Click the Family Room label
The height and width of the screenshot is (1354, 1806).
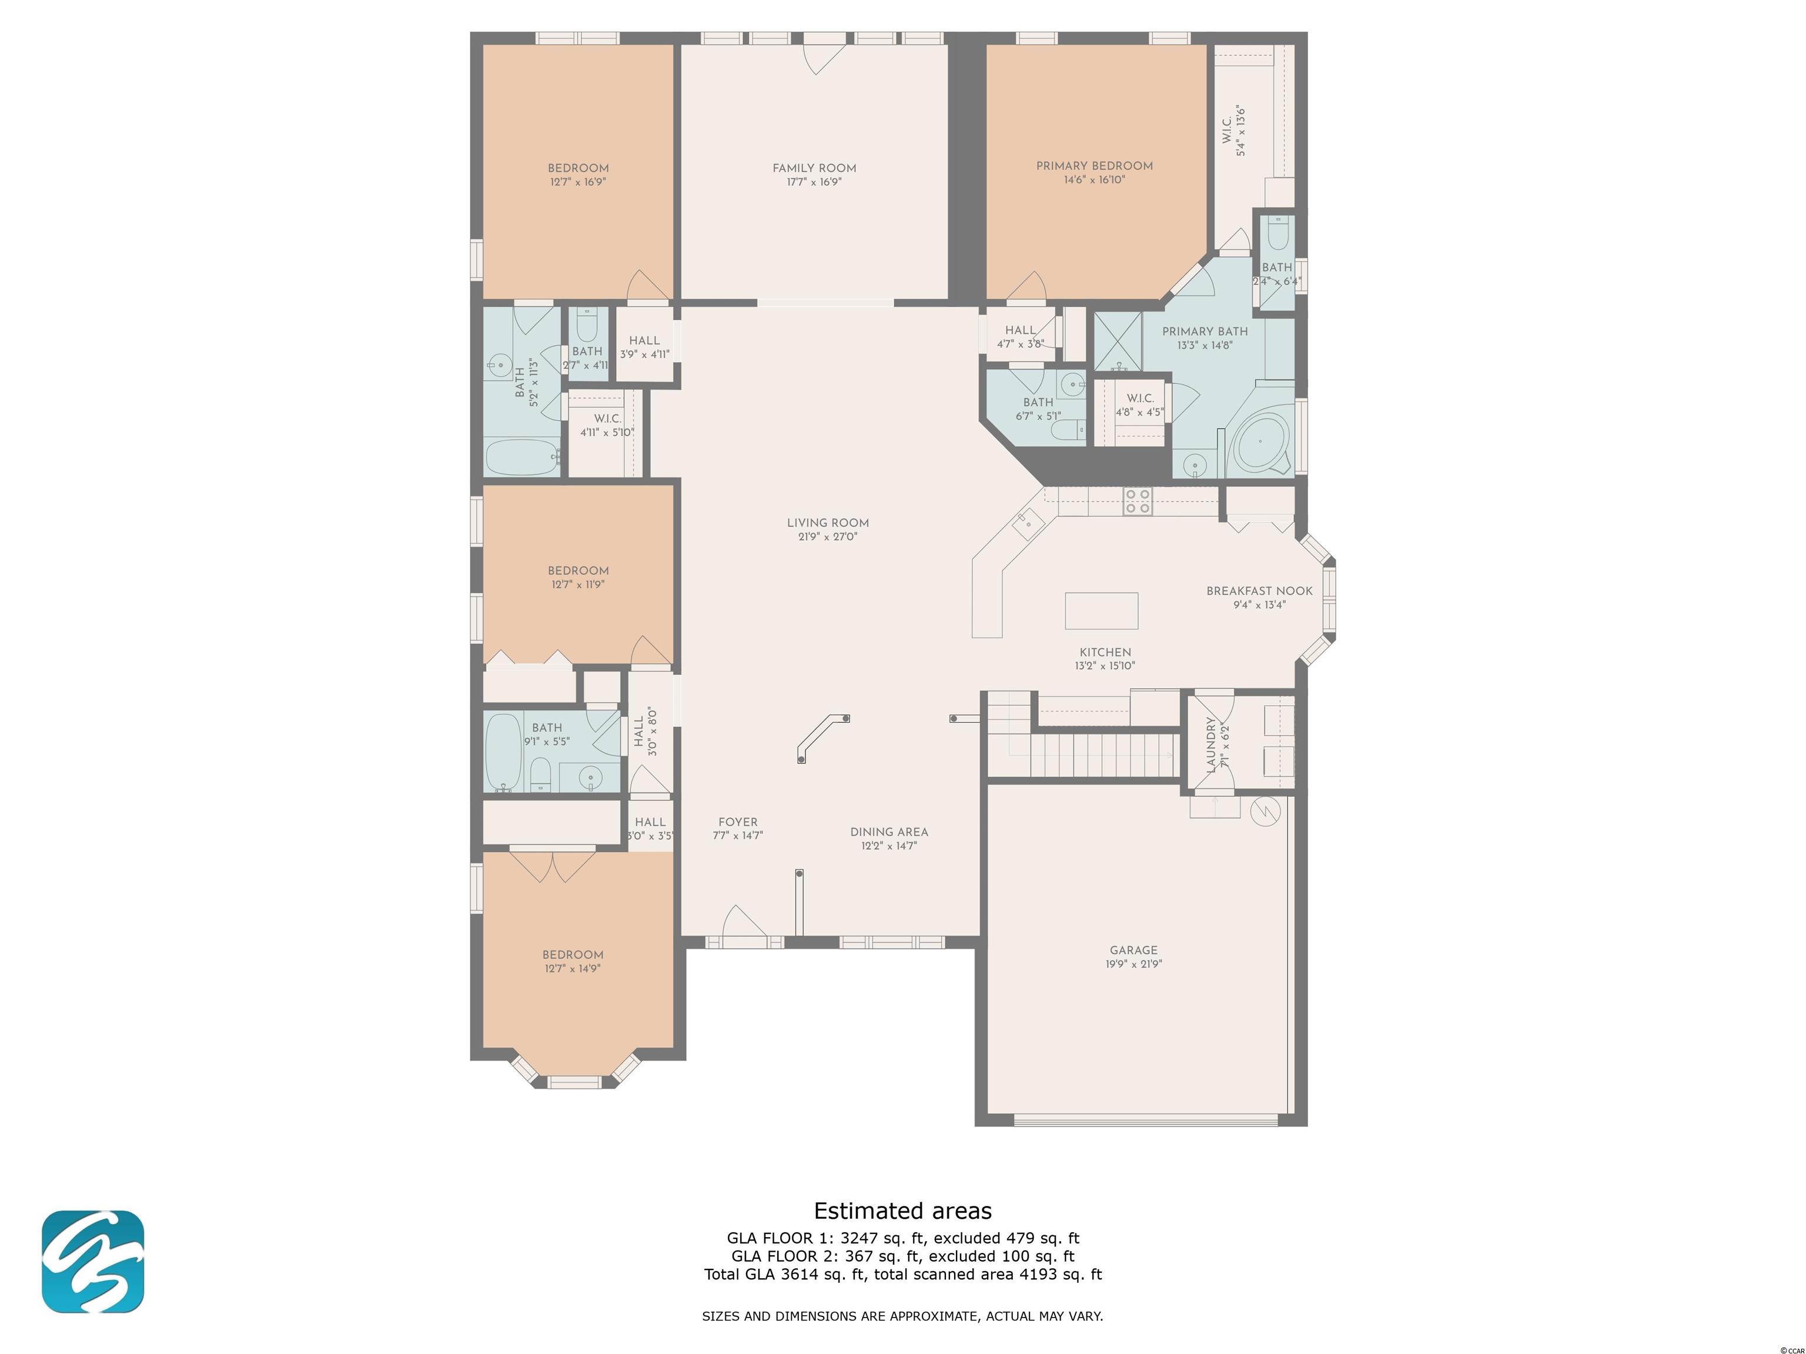814,169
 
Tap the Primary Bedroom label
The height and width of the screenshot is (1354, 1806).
1094,166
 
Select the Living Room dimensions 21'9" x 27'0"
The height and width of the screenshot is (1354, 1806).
828,537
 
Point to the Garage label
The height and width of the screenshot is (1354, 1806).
1133,950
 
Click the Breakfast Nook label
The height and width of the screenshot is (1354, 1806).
1259,591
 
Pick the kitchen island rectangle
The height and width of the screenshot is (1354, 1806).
1101,611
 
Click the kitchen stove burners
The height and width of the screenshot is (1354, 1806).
1138,501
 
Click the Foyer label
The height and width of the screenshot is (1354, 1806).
738,822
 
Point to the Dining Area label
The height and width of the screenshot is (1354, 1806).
889,832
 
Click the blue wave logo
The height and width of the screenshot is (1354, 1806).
93,1262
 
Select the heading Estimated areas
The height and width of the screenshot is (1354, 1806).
903,1211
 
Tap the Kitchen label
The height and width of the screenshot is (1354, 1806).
1105,652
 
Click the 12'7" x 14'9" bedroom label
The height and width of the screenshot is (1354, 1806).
573,961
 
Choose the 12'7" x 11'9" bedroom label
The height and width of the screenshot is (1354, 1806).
578,577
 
